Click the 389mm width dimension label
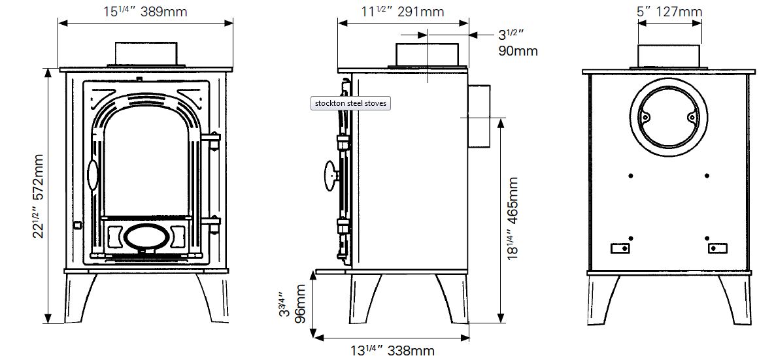(146, 12)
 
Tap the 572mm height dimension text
(39, 196)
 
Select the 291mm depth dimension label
(403, 11)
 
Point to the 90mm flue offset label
(517, 43)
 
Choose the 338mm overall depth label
(393, 351)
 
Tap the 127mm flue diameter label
(669, 11)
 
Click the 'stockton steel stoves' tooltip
(350, 104)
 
